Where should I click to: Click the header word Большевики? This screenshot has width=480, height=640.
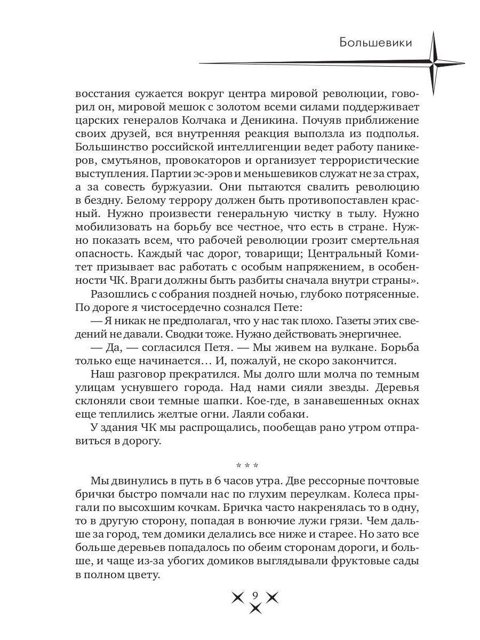[x=375, y=43]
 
